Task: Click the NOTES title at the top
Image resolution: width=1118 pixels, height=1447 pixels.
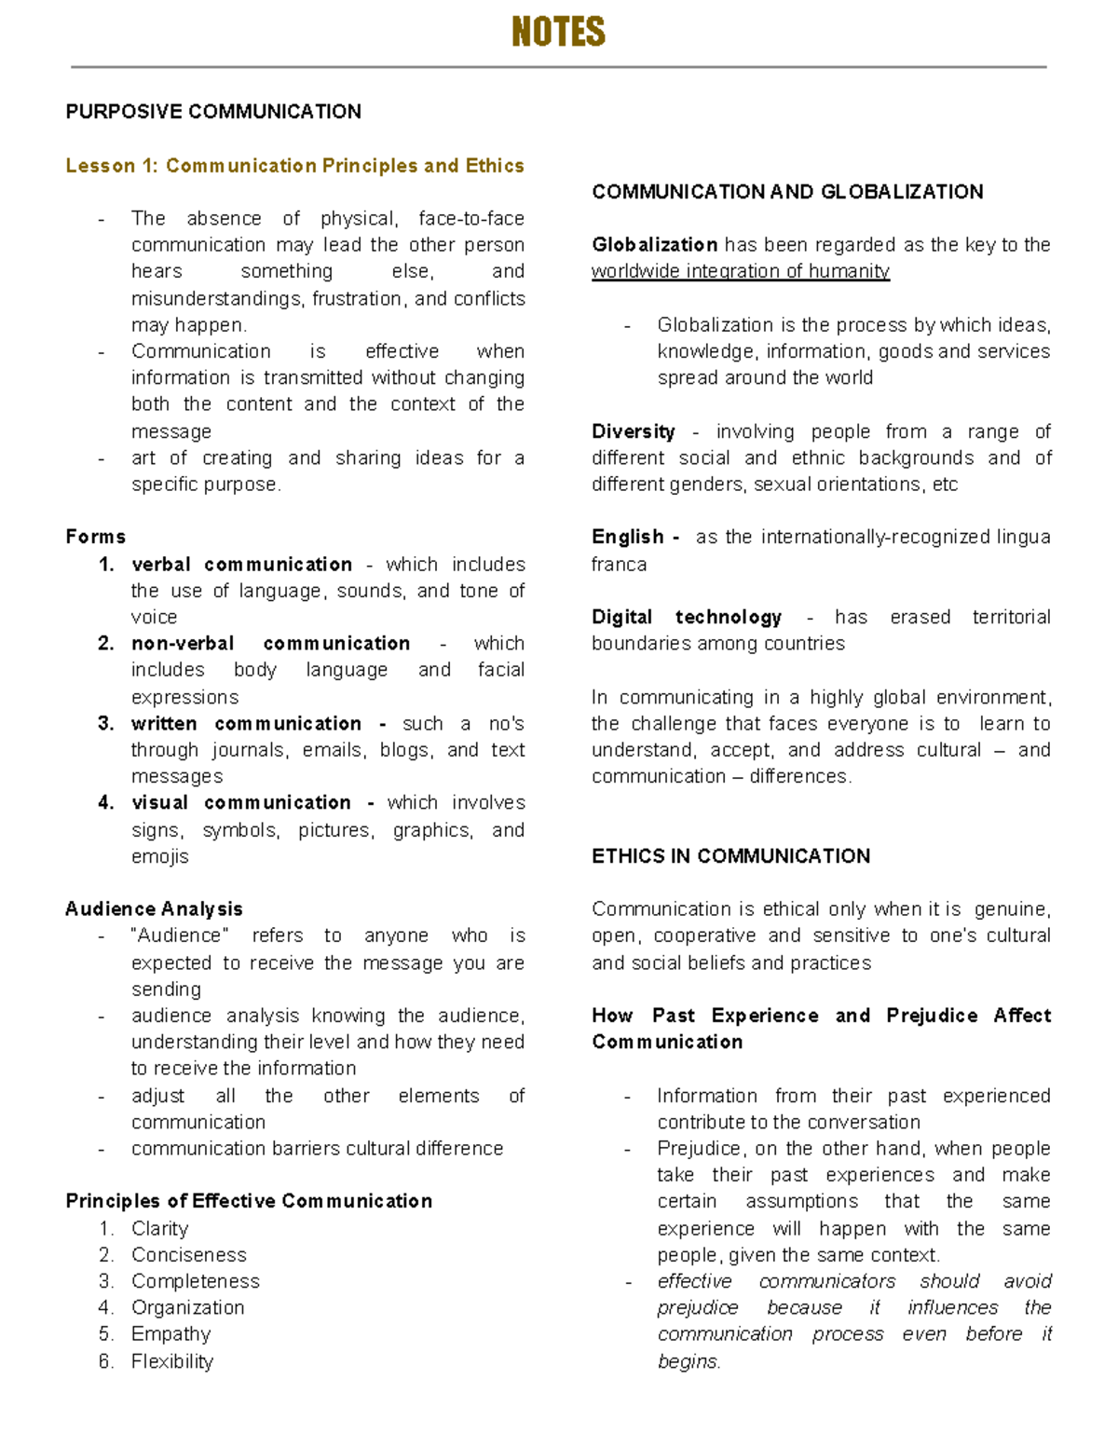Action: tap(558, 33)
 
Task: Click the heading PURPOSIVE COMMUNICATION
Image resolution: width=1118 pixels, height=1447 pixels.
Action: tap(213, 112)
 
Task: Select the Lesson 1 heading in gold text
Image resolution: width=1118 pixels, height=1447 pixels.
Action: tap(294, 166)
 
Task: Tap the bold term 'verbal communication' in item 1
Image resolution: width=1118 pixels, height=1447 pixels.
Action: tap(241, 565)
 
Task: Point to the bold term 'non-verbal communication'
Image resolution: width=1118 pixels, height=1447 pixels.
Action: tap(270, 644)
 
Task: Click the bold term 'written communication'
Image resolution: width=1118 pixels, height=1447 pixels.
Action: tap(246, 724)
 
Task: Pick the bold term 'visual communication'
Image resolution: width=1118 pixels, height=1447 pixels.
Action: tap(241, 803)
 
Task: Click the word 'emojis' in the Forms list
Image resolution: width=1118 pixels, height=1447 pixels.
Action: tap(159, 856)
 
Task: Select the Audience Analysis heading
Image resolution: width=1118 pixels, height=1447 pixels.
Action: tap(154, 909)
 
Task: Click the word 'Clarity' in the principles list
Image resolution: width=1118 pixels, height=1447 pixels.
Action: tap(159, 1229)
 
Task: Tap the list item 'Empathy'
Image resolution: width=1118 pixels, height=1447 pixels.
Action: tap(170, 1334)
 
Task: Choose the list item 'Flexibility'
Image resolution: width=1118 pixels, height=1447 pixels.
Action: tap(172, 1361)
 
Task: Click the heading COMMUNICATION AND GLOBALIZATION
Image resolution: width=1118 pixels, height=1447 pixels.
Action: tap(787, 192)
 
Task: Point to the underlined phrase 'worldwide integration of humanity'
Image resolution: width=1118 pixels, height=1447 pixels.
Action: tap(741, 271)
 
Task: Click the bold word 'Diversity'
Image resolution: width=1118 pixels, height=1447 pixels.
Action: tap(634, 431)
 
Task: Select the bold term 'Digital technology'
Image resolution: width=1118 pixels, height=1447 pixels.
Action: tap(687, 617)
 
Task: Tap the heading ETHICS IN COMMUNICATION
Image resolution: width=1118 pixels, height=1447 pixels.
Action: tap(730, 856)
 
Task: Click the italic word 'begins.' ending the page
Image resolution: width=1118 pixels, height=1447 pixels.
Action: tap(689, 1361)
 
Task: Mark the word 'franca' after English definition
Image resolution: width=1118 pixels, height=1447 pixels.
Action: tap(619, 565)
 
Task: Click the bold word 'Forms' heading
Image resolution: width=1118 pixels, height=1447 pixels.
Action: tap(95, 538)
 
